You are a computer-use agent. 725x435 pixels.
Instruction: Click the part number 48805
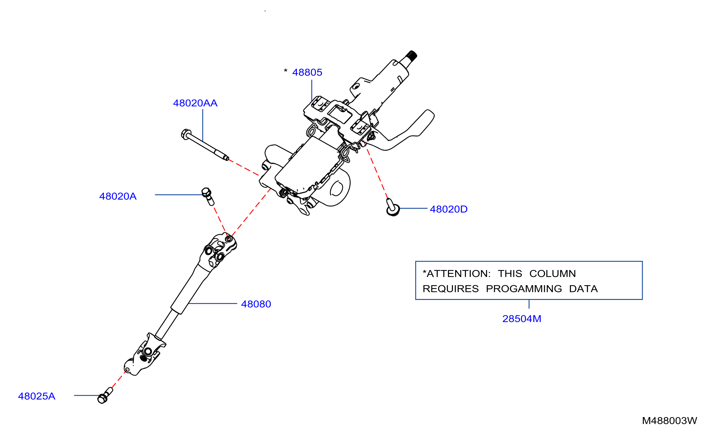[307, 72]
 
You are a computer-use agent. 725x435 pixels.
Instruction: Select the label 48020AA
[195, 103]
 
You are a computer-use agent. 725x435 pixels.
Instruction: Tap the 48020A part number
[118, 196]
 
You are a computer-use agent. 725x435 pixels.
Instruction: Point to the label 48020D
[448, 209]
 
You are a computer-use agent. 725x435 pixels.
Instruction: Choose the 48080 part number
[256, 304]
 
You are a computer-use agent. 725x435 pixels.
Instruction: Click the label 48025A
[37, 396]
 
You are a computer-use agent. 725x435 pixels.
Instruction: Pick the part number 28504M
[522, 319]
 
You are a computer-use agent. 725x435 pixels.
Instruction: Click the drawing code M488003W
[669, 421]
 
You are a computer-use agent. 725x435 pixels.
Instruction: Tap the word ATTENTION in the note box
[458, 274]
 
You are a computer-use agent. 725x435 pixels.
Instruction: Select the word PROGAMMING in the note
[524, 289]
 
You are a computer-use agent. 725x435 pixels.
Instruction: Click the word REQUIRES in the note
[451, 289]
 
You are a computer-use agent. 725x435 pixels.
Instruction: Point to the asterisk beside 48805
[285, 71]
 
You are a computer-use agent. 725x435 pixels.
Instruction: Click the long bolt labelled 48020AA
[205, 145]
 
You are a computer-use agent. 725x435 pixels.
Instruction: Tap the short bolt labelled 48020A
[208, 196]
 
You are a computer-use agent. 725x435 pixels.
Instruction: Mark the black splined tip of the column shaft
[411, 56]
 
